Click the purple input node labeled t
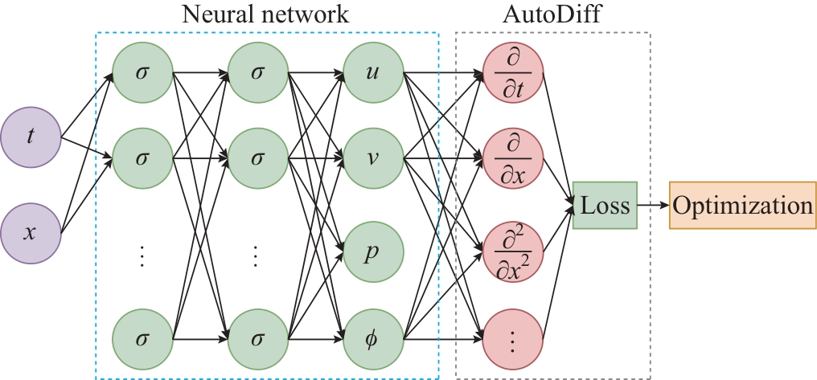(31, 137)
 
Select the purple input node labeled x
(31, 232)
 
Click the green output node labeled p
(372, 251)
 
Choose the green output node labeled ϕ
(372, 338)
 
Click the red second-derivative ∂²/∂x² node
(513, 251)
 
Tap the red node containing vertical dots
(513, 338)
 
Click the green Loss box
(605, 205)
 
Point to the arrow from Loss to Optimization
(653, 205)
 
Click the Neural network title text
(265, 14)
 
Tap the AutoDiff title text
(552, 14)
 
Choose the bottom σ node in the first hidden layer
(143, 338)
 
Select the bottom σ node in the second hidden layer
(257, 338)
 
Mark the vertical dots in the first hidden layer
(142, 255)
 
